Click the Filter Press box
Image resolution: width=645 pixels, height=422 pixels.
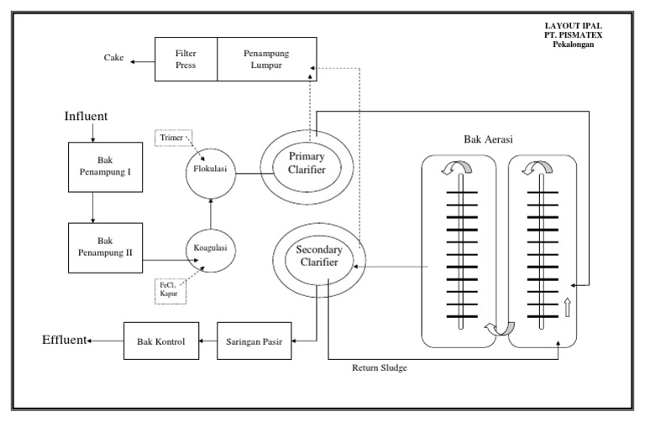tap(186, 59)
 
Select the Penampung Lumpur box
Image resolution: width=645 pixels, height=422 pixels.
tap(265, 59)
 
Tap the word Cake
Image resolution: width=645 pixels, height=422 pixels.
tap(113, 58)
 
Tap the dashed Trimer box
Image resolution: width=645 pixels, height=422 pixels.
tap(171, 138)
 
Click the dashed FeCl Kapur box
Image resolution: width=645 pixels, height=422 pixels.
tap(171, 290)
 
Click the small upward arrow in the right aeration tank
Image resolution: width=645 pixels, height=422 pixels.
tap(569, 307)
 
